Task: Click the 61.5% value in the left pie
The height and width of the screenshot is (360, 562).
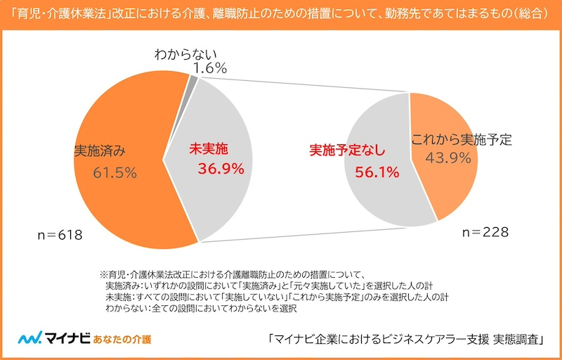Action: [115, 172]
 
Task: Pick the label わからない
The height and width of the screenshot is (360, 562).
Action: [186, 53]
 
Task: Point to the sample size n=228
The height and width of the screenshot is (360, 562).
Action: [484, 232]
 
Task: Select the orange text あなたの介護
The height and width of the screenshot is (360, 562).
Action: [123, 339]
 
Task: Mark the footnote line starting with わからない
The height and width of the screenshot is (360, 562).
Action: [201, 308]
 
